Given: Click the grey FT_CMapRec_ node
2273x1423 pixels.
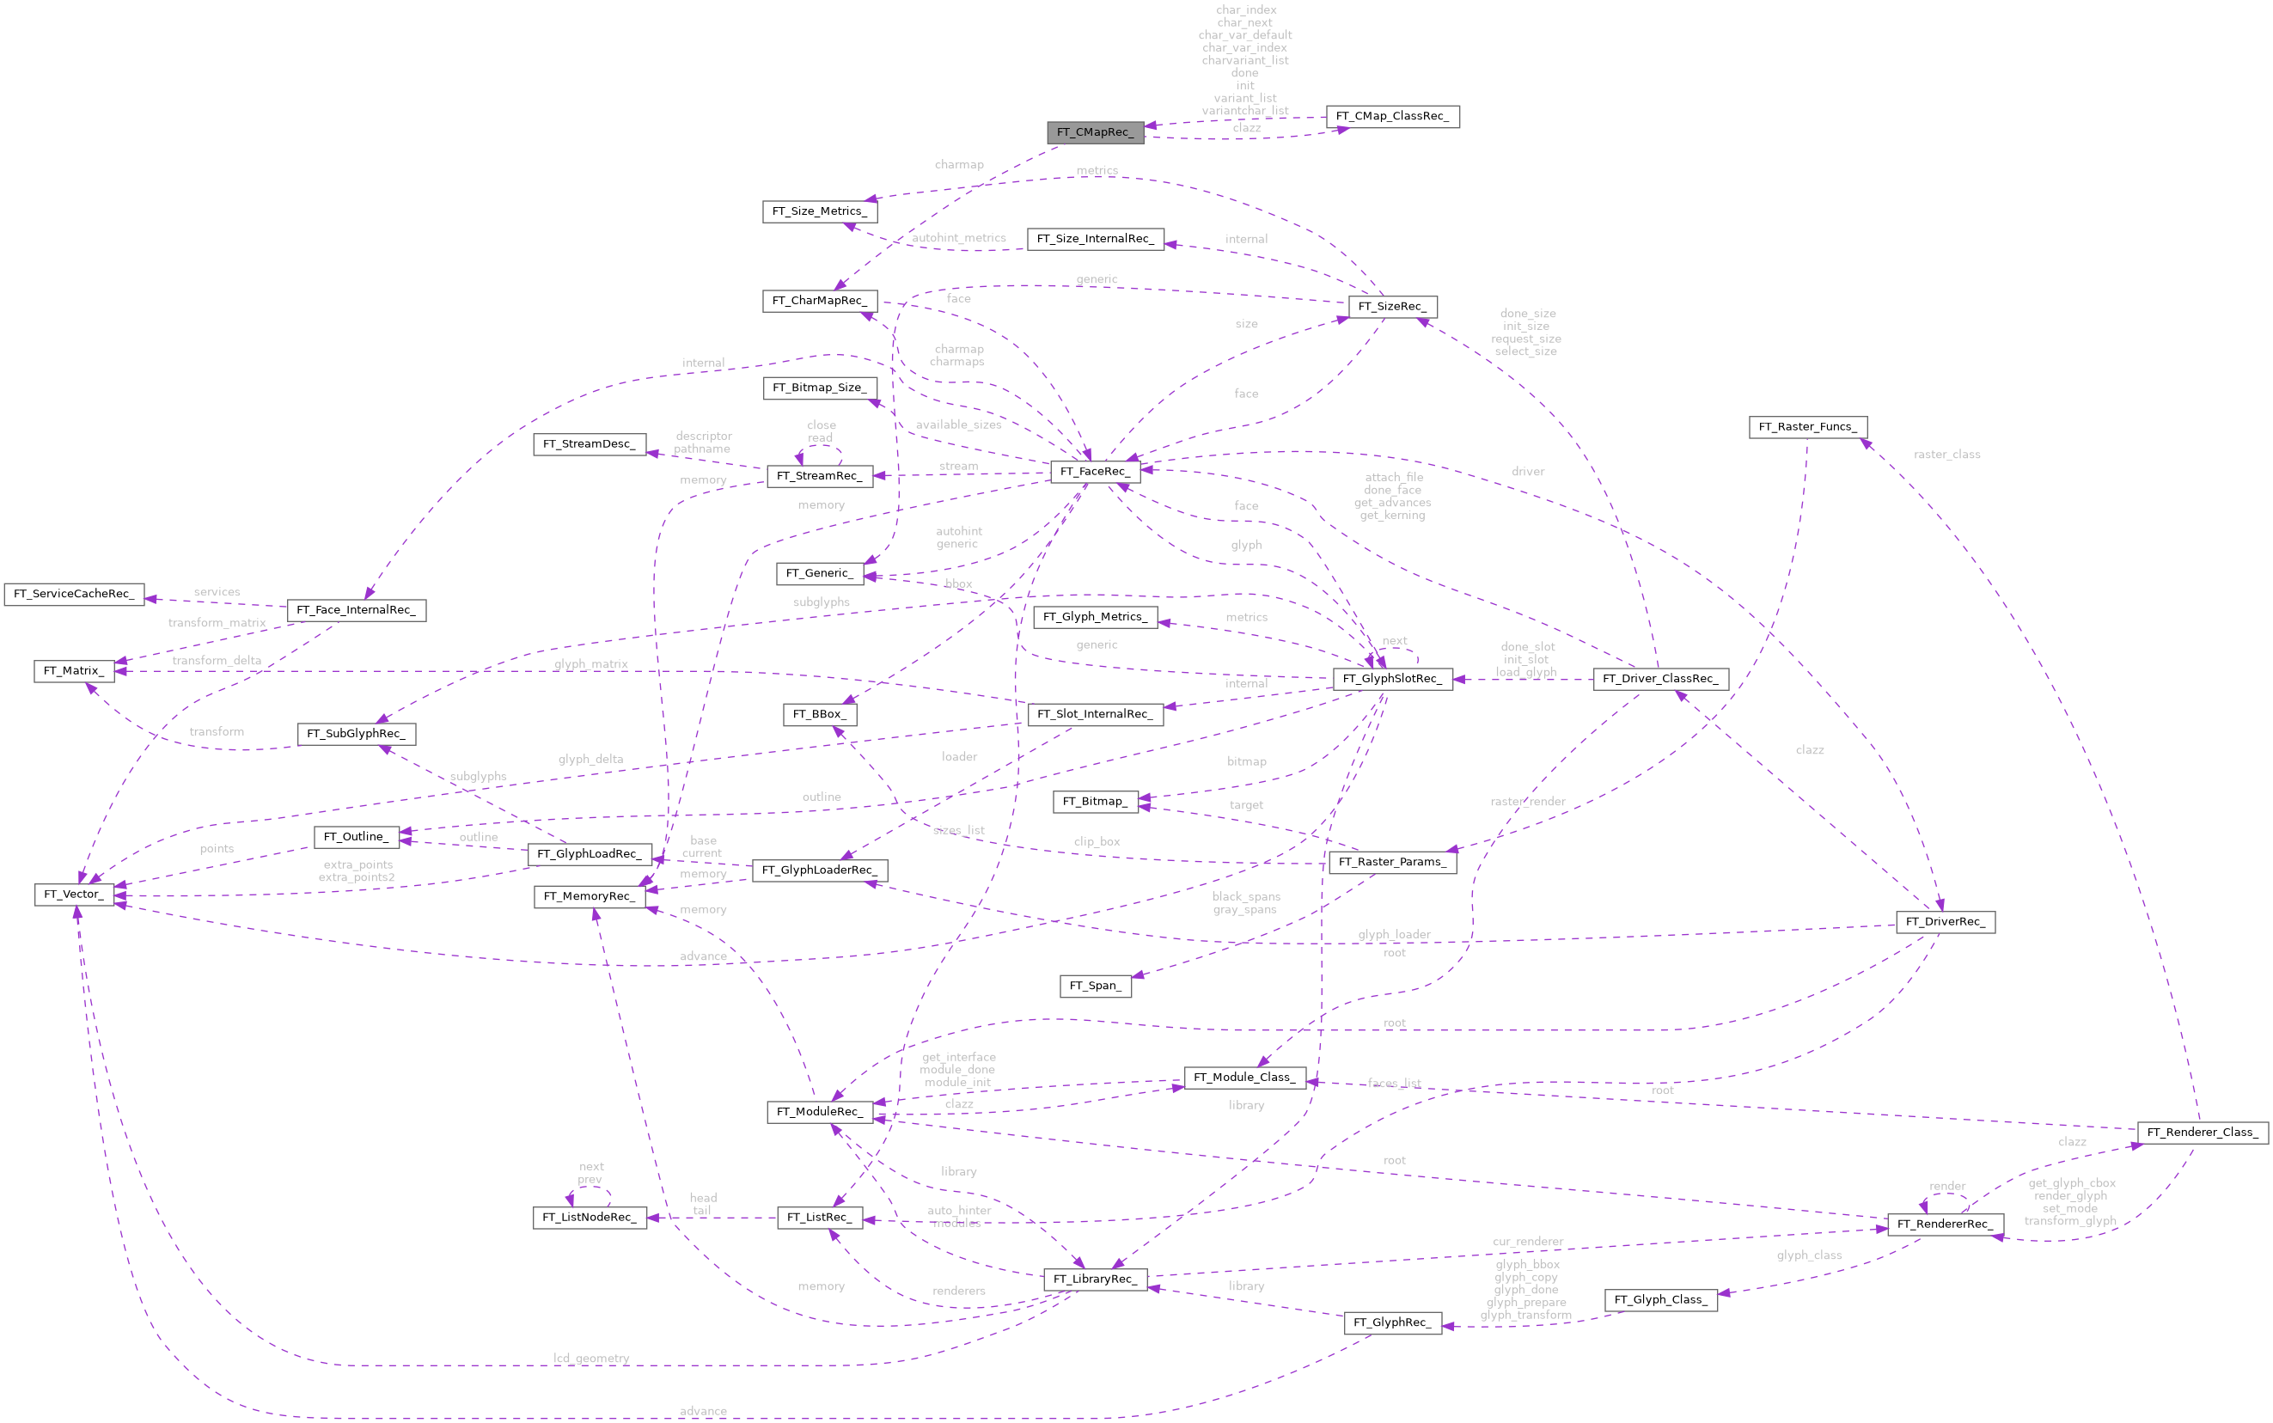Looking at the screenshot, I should coord(1095,132).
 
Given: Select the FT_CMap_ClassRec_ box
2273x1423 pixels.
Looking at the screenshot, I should coord(1392,117).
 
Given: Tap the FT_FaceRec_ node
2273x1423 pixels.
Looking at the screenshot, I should coord(1095,472).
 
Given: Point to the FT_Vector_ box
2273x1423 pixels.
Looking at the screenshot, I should coord(75,894).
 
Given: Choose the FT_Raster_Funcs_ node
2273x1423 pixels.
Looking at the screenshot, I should coord(1807,427).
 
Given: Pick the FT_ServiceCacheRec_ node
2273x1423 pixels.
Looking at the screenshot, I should coord(73,594).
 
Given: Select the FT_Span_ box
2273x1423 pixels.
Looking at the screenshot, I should coord(1095,986).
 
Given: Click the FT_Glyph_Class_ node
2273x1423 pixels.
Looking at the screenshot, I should coord(1660,1300).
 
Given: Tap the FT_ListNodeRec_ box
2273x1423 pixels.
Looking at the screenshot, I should coord(590,1218).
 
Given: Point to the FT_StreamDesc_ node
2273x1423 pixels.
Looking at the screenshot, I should coord(590,444).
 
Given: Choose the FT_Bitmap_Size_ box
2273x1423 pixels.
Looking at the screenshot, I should coord(819,388).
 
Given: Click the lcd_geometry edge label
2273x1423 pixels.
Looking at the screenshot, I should coord(591,1358).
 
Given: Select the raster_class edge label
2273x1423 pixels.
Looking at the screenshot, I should coord(1946,455).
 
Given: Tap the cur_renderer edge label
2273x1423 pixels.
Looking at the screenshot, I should coord(1528,1242).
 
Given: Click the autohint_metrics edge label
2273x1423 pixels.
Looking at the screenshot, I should coord(958,238).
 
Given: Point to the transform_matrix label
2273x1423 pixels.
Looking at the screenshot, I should coord(217,623).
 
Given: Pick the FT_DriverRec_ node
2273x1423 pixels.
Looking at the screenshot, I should coord(1945,922).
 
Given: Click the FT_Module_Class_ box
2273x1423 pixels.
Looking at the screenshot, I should coord(1243,1078).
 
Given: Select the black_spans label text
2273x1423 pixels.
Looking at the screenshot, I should coord(1246,897).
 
